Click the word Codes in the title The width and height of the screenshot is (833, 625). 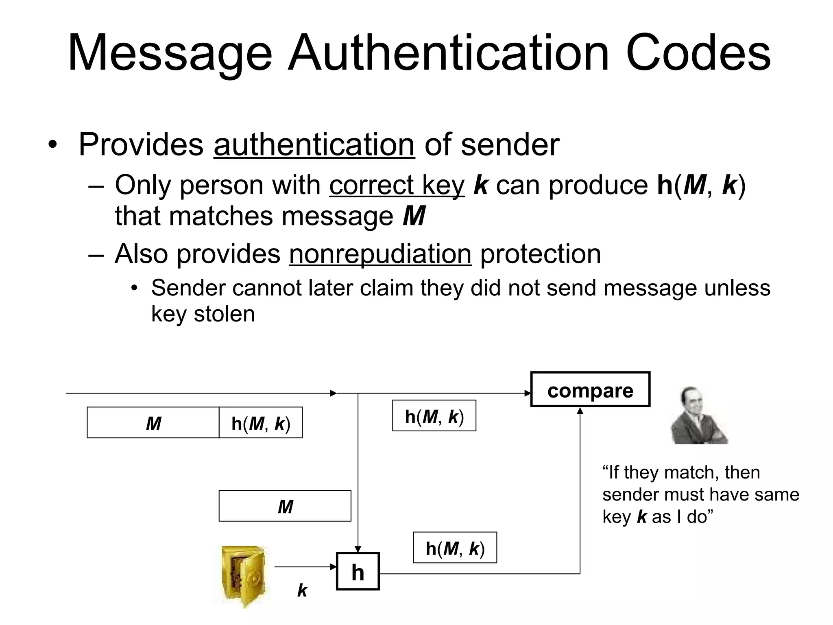(698, 54)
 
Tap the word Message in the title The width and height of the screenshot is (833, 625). (170, 54)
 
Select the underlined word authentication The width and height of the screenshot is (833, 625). (314, 144)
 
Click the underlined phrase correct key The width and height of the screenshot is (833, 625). (397, 185)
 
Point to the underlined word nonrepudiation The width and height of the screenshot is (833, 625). (380, 254)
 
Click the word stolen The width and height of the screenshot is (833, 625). (224, 314)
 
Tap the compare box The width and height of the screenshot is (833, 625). (590, 389)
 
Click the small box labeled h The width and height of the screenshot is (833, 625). (358, 571)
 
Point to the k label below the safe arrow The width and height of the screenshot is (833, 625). (302, 590)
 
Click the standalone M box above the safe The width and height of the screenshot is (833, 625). (285, 506)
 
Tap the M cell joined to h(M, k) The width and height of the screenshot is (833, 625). (153, 423)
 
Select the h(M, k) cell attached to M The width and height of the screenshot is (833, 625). (261, 423)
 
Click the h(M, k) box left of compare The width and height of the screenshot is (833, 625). (434, 416)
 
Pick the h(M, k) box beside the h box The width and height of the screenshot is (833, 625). (455, 548)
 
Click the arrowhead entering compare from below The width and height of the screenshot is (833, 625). (580, 411)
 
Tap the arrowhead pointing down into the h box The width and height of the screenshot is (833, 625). (358, 549)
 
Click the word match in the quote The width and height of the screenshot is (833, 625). (687, 472)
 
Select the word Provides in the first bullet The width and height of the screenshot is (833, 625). (141, 144)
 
